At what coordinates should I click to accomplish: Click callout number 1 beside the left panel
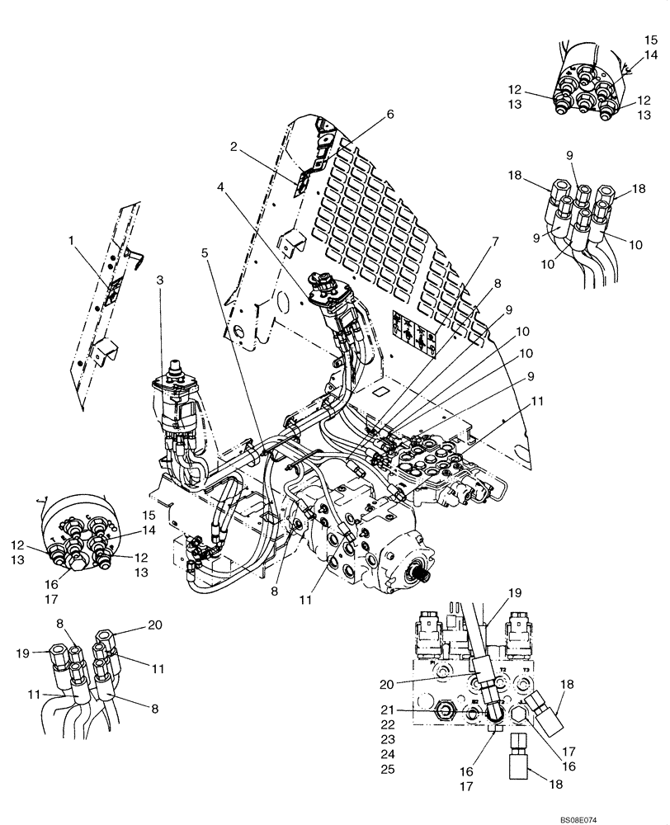(x=72, y=241)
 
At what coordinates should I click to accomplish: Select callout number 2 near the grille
(x=234, y=147)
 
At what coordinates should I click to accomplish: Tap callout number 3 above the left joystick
(x=159, y=281)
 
